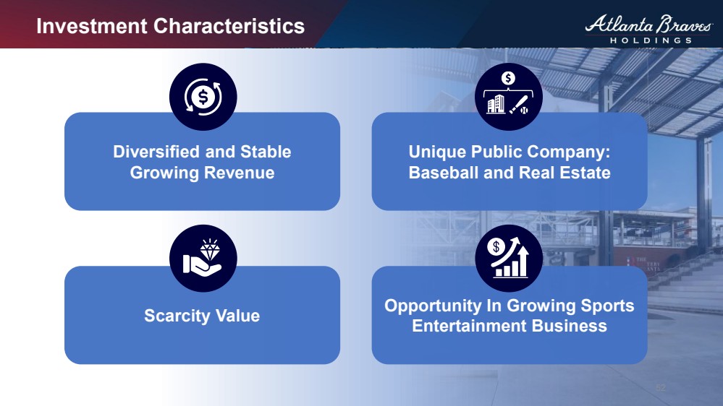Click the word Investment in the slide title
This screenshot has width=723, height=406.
click(92, 26)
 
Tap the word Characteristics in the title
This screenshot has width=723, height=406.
click(229, 26)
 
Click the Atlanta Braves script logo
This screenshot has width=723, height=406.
click(648, 24)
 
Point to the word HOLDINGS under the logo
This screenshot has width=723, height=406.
click(651, 40)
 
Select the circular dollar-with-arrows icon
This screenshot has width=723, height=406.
click(203, 97)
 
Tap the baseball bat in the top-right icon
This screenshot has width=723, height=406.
click(518, 105)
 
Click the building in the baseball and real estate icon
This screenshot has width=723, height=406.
click(496, 104)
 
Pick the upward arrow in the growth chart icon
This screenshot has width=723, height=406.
click(523, 261)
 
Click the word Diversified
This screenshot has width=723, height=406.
click(156, 152)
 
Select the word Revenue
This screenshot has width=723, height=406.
click(239, 173)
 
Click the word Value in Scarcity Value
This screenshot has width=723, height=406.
click(237, 316)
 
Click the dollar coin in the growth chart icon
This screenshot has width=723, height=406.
click(496, 247)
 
